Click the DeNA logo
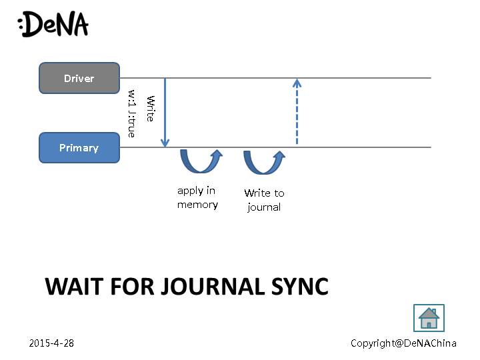point(53,25)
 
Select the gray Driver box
point(79,78)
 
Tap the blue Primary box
point(79,148)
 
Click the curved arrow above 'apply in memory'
point(201,161)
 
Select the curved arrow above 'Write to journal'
point(263,162)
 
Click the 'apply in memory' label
point(197,198)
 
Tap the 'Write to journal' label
point(264,200)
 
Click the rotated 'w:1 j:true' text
point(132,113)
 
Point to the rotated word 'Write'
point(151,108)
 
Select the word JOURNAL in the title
point(210,287)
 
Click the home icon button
point(429,319)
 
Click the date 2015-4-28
point(51,343)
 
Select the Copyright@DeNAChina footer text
point(403,343)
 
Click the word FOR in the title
point(133,287)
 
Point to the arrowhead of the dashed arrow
point(297,83)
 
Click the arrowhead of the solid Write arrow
point(165,143)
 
